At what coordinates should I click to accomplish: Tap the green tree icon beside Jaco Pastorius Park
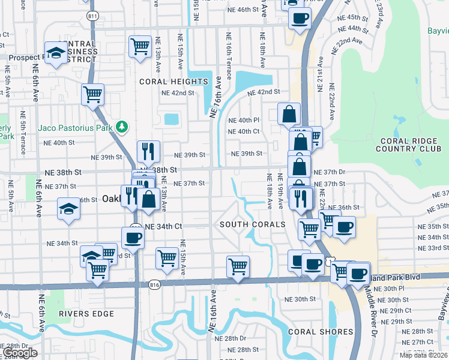[x=122, y=127]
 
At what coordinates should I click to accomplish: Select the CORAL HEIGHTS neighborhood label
[x=173, y=82]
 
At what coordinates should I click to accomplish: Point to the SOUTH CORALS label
[x=252, y=224]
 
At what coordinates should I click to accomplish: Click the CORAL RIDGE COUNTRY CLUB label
[x=411, y=145]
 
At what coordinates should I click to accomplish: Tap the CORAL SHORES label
[x=321, y=332]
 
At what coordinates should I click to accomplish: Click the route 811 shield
[x=92, y=15]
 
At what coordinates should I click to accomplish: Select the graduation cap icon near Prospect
[x=56, y=53]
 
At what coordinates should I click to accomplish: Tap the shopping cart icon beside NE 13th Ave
[x=139, y=46]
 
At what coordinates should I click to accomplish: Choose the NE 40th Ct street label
[x=243, y=131]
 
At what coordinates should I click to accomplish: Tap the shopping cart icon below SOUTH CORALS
[x=238, y=266]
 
